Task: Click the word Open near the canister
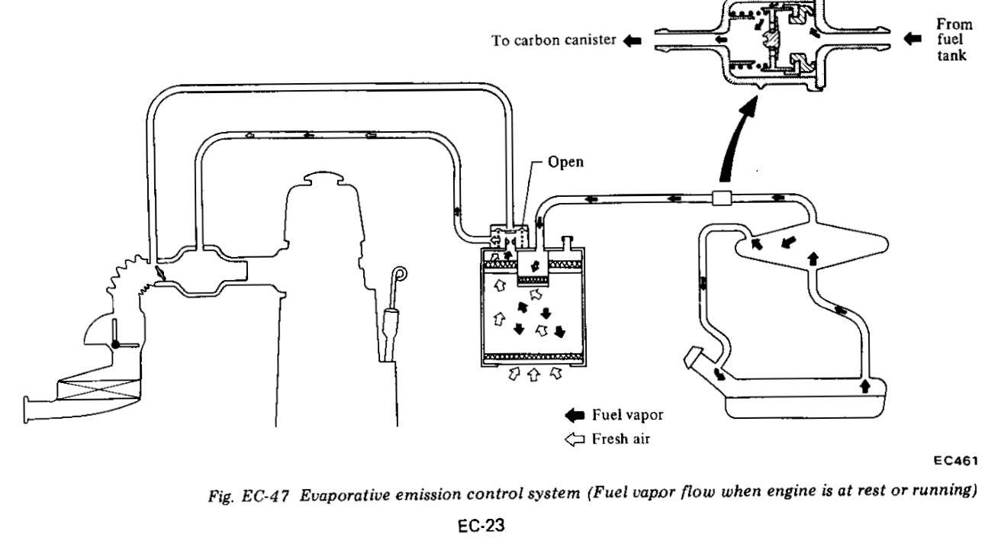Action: click(x=565, y=163)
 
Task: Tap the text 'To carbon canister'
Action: click(x=554, y=40)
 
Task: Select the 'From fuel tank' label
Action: click(x=954, y=40)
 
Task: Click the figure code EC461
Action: click(x=956, y=461)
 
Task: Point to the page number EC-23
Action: click(x=481, y=526)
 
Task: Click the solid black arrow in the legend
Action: click(x=575, y=415)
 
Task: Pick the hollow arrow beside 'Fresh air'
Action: click(x=575, y=439)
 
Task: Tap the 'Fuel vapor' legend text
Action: click(x=627, y=415)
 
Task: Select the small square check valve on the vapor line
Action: click(x=722, y=198)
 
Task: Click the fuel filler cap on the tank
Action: click(x=692, y=357)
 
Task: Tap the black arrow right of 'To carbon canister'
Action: click(x=633, y=41)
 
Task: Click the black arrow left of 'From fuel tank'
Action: click(x=913, y=39)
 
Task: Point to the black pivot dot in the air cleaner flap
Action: click(x=115, y=344)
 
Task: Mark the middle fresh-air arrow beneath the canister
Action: click(x=534, y=375)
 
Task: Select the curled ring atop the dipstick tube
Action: click(x=400, y=273)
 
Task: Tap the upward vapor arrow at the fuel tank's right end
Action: click(x=864, y=386)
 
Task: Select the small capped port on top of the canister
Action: click(x=567, y=243)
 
